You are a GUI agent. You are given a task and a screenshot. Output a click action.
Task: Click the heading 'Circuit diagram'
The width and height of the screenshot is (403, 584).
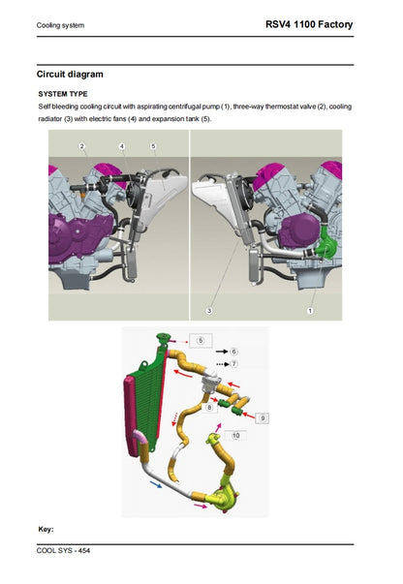(x=70, y=74)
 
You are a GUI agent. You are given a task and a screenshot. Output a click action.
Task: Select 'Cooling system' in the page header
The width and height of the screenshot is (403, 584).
(x=60, y=25)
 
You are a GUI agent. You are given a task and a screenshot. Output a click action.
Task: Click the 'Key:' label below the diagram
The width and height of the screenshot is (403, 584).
(x=46, y=529)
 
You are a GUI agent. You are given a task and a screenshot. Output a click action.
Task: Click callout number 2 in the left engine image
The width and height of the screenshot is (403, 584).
(x=82, y=146)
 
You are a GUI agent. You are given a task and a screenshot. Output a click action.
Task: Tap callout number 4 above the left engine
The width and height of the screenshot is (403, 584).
(x=122, y=146)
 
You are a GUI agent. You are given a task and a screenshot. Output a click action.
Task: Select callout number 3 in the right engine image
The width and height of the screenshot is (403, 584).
(x=208, y=311)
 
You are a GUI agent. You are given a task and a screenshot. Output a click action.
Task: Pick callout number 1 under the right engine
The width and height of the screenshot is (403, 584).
(x=310, y=311)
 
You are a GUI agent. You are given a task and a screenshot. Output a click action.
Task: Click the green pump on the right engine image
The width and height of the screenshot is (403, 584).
(x=325, y=250)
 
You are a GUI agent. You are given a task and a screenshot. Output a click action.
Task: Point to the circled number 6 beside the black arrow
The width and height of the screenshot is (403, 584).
(x=234, y=351)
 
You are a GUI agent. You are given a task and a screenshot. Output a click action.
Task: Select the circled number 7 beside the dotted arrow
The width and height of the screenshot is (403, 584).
(x=234, y=363)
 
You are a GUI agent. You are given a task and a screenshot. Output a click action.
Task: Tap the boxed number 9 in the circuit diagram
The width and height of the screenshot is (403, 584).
(x=263, y=416)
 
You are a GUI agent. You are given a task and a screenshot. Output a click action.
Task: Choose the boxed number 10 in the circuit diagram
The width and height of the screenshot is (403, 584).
(x=235, y=436)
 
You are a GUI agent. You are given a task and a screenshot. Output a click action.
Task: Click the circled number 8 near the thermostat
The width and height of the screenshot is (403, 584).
(x=210, y=409)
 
